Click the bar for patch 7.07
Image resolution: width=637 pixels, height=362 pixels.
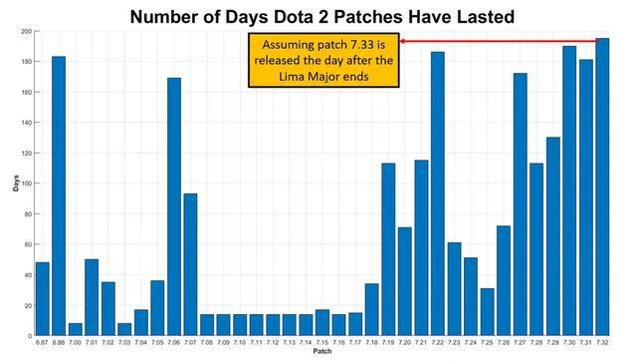190,264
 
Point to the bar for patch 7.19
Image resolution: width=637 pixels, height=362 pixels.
388,249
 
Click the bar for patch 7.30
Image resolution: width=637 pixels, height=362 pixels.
569,190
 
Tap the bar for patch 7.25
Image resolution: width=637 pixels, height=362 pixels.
487,311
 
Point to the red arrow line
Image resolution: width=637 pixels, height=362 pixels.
498,41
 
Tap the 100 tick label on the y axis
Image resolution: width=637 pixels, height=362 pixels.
24,183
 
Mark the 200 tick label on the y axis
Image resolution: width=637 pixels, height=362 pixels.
24,31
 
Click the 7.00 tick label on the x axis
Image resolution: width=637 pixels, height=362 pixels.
74,343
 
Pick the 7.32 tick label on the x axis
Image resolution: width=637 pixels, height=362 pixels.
602,343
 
